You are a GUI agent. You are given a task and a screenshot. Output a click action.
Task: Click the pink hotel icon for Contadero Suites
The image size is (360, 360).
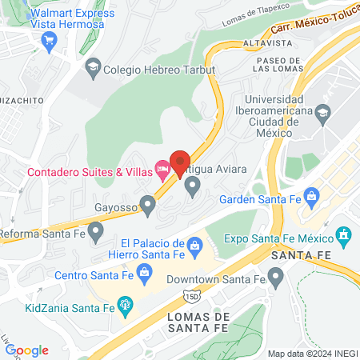click(x=163, y=168)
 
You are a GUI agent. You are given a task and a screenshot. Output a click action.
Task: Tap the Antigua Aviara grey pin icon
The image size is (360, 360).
click(x=192, y=186)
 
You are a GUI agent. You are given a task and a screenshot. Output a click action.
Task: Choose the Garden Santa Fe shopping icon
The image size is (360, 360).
click(x=311, y=194)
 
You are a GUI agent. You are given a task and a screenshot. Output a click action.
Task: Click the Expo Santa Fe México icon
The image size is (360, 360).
click(x=345, y=235)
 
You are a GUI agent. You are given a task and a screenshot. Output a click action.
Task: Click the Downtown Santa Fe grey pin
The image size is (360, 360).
click(x=276, y=278)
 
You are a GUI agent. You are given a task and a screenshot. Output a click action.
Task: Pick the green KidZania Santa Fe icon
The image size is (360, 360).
click(x=125, y=303)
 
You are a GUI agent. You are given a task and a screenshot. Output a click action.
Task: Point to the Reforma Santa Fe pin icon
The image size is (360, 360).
click(x=96, y=233)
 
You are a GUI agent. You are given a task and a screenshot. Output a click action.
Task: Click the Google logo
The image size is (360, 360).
click(x=26, y=350)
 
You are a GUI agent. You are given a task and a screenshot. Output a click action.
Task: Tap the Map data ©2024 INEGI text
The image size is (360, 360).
click(x=311, y=354)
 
